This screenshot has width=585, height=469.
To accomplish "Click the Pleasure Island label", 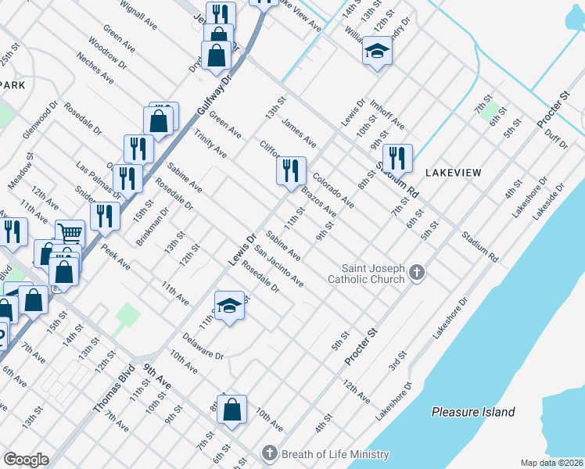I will pos(474,412).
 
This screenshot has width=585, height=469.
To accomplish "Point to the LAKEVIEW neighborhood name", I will pos(453,172).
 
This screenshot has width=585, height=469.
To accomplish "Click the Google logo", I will pos(26,459).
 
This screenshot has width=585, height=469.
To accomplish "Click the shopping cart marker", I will pos(70,232).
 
